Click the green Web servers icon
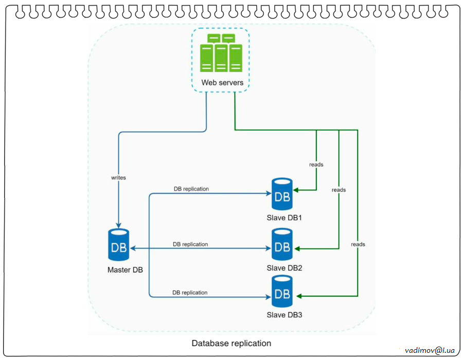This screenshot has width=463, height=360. point(221,53)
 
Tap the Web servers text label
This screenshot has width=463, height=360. point(222,82)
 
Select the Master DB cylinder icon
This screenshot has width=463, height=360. point(118,245)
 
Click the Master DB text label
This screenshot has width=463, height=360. point(125,270)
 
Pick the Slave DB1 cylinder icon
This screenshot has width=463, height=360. point(281,194)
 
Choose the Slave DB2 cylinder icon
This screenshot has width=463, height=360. point(281,245)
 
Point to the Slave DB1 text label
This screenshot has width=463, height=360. point(284,218)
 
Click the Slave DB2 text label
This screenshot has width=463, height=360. point(284,268)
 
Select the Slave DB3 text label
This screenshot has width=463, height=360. point(284,315)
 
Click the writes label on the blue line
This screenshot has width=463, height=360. point(118,177)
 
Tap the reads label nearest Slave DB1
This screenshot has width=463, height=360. point(316,165)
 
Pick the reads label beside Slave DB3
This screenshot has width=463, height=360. point(358,244)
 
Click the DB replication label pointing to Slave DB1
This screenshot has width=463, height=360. point(191,189)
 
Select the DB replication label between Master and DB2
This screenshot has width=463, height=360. point(190,244)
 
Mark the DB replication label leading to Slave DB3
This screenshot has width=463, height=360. point(190,293)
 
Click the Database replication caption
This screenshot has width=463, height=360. point(231,343)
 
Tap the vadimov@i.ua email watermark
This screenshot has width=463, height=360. point(430,350)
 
